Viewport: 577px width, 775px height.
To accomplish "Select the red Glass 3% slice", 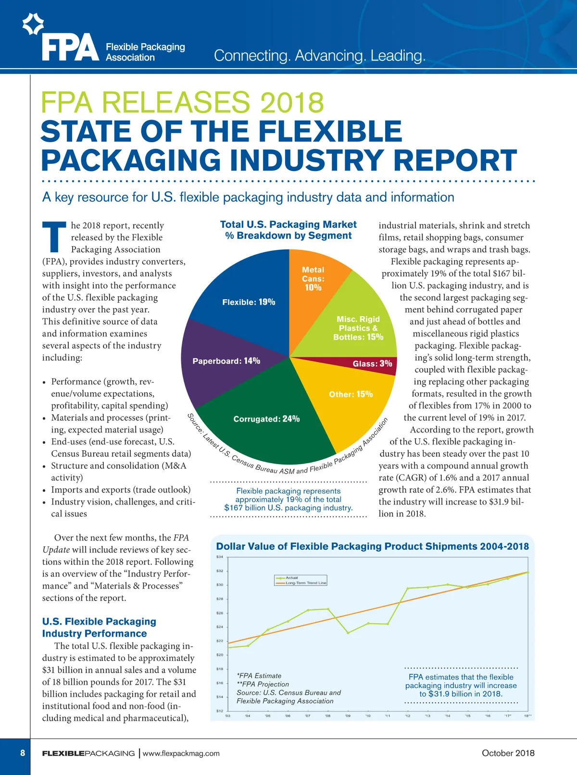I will tap(373, 364).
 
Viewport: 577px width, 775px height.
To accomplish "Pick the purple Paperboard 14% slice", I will tap(226, 361).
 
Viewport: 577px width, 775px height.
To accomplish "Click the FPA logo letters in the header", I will tap(70, 48).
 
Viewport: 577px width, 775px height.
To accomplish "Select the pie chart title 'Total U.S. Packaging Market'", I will tap(288, 224).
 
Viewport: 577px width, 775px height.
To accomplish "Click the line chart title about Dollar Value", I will tap(372, 546).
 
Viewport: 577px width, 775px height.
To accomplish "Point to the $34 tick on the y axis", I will tap(220, 557).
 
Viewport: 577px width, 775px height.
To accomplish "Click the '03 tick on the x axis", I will tap(227, 716).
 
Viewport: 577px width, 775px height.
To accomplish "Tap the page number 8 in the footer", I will tap(23, 753).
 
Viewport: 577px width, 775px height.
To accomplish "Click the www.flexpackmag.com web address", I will tap(181, 753).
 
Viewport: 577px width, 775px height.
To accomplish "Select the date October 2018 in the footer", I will tap(508, 753).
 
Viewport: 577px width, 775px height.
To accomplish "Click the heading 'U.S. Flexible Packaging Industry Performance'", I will tap(99, 627).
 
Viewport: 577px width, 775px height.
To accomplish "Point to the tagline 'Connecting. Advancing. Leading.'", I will tap(319, 56).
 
